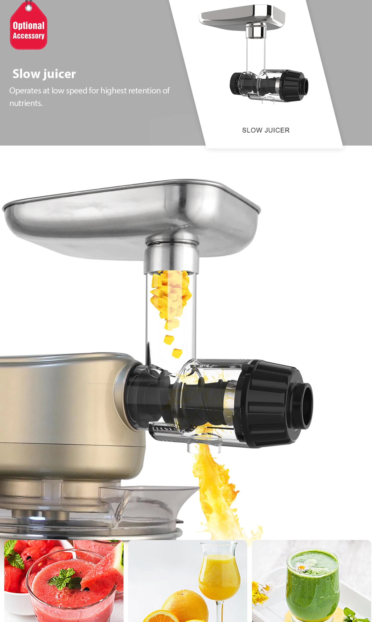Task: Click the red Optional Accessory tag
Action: coord(29,28)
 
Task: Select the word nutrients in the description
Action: coord(26,103)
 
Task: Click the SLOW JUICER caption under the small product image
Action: coord(266,130)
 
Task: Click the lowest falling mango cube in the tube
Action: coord(177,353)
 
